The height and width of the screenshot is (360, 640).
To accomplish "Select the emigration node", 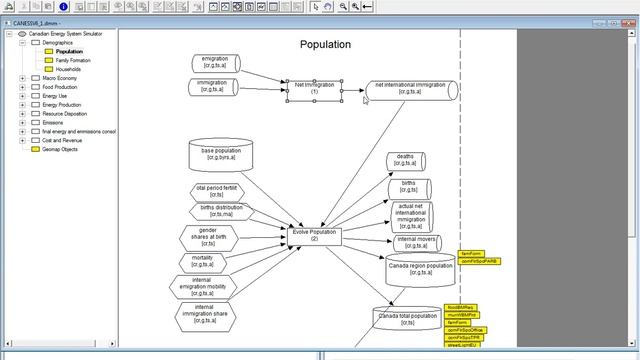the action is click(215, 63).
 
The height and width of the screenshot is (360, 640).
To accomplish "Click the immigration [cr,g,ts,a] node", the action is click(213, 87).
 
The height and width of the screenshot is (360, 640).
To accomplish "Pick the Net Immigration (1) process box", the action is click(314, 89).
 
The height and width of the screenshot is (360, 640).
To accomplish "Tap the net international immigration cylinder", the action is click(410, 90).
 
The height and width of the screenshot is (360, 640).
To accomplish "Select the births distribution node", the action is click(216, 211).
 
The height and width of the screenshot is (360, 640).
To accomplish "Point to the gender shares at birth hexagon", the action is click(214, 237).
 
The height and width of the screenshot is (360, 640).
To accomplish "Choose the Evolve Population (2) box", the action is click(314, 235).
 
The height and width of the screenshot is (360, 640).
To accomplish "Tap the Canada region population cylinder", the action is click(420, 270).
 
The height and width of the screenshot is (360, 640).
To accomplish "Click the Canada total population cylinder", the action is click(408, 320).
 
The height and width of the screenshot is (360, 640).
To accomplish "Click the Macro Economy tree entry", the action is click(60, 78).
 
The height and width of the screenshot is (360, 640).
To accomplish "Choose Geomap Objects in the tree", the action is click(60, 150).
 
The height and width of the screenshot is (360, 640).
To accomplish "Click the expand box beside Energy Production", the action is click(22, 105).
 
